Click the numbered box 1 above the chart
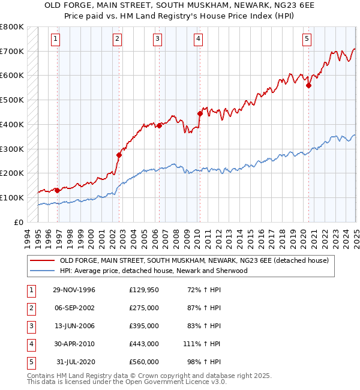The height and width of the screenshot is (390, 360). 55,40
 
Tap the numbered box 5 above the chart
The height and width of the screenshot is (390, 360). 307,40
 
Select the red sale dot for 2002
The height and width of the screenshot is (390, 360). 119,155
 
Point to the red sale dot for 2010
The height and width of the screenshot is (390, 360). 200,113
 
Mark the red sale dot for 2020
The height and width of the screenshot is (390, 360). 308,85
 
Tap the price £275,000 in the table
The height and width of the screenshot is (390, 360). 144,308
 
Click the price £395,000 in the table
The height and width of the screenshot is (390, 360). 144,326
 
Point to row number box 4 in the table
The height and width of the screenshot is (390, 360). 31,344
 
